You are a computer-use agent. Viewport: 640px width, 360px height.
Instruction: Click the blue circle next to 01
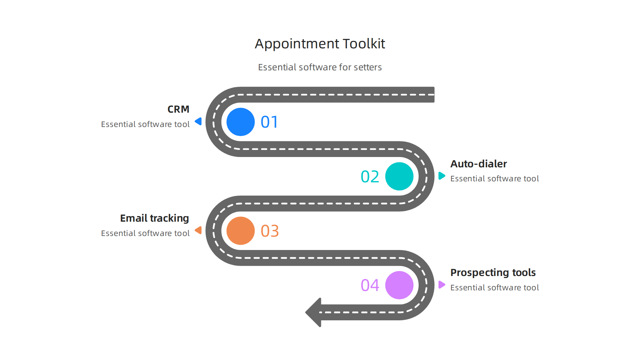240,122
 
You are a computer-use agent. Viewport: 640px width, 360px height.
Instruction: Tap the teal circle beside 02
399,176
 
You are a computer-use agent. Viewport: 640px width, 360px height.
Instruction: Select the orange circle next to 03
240,231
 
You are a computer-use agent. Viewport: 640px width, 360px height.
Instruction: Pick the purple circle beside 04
399,285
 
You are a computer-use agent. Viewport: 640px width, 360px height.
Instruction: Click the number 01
269,122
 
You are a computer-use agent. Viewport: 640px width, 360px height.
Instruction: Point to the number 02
370,177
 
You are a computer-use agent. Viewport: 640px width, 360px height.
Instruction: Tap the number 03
270,231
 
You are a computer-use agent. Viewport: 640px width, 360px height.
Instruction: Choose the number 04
370,285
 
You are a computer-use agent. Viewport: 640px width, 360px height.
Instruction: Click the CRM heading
178,109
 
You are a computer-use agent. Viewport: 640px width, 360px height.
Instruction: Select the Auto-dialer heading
478,164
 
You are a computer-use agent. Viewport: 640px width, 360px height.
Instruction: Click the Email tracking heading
154,218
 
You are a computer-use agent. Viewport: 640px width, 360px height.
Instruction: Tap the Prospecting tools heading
493,273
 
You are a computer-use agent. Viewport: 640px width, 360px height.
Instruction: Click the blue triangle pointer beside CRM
199,121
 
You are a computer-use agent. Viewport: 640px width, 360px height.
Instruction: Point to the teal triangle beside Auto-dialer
442,176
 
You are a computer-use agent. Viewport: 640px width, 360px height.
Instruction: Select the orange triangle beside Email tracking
199,230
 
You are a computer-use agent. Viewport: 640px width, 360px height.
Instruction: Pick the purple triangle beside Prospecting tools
442,285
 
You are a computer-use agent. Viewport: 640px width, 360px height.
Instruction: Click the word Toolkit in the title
364,44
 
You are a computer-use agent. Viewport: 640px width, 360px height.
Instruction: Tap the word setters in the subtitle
367,67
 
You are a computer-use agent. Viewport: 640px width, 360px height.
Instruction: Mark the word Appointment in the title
297,44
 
